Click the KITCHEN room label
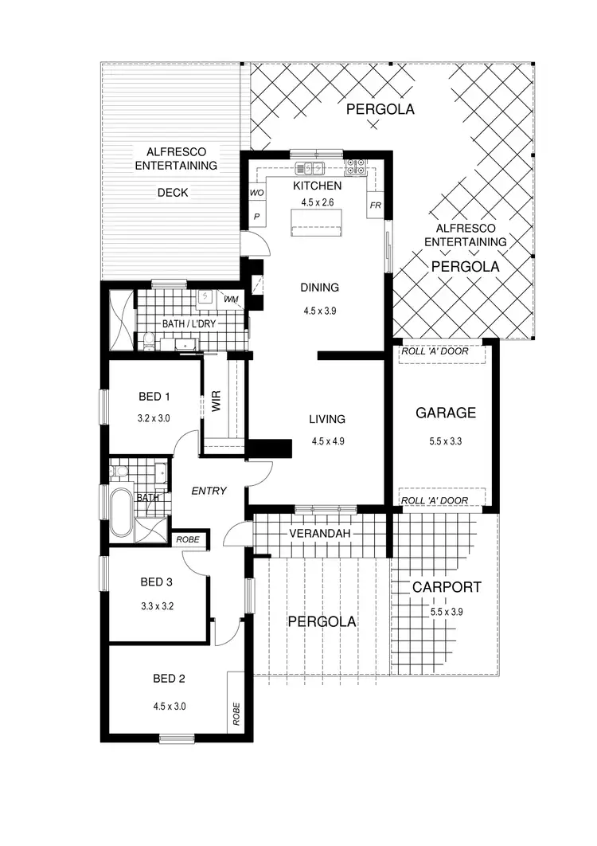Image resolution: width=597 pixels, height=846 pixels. (318, 186)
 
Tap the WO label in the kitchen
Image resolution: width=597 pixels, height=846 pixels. (256, 193)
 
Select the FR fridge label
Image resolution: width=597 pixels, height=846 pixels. (376, 206)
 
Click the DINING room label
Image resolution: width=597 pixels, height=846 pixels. (319, 288)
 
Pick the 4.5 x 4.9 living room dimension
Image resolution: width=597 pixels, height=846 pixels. (327, 441)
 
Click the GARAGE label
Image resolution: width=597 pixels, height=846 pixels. (446, 413)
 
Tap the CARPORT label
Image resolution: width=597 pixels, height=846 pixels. (446, 587)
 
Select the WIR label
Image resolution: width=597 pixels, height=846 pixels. (216, 401)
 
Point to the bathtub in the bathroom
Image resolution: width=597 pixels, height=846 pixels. (122, 512)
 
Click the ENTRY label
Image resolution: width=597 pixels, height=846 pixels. (209, 491)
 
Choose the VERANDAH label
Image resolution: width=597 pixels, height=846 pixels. (320, 532)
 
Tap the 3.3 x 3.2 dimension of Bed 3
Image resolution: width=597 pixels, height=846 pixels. (157, 605)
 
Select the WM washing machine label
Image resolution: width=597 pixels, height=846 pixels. (231, 299)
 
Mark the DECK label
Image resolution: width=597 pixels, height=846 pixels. (173, 192)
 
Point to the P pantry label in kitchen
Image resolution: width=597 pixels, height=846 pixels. (256, 216)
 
